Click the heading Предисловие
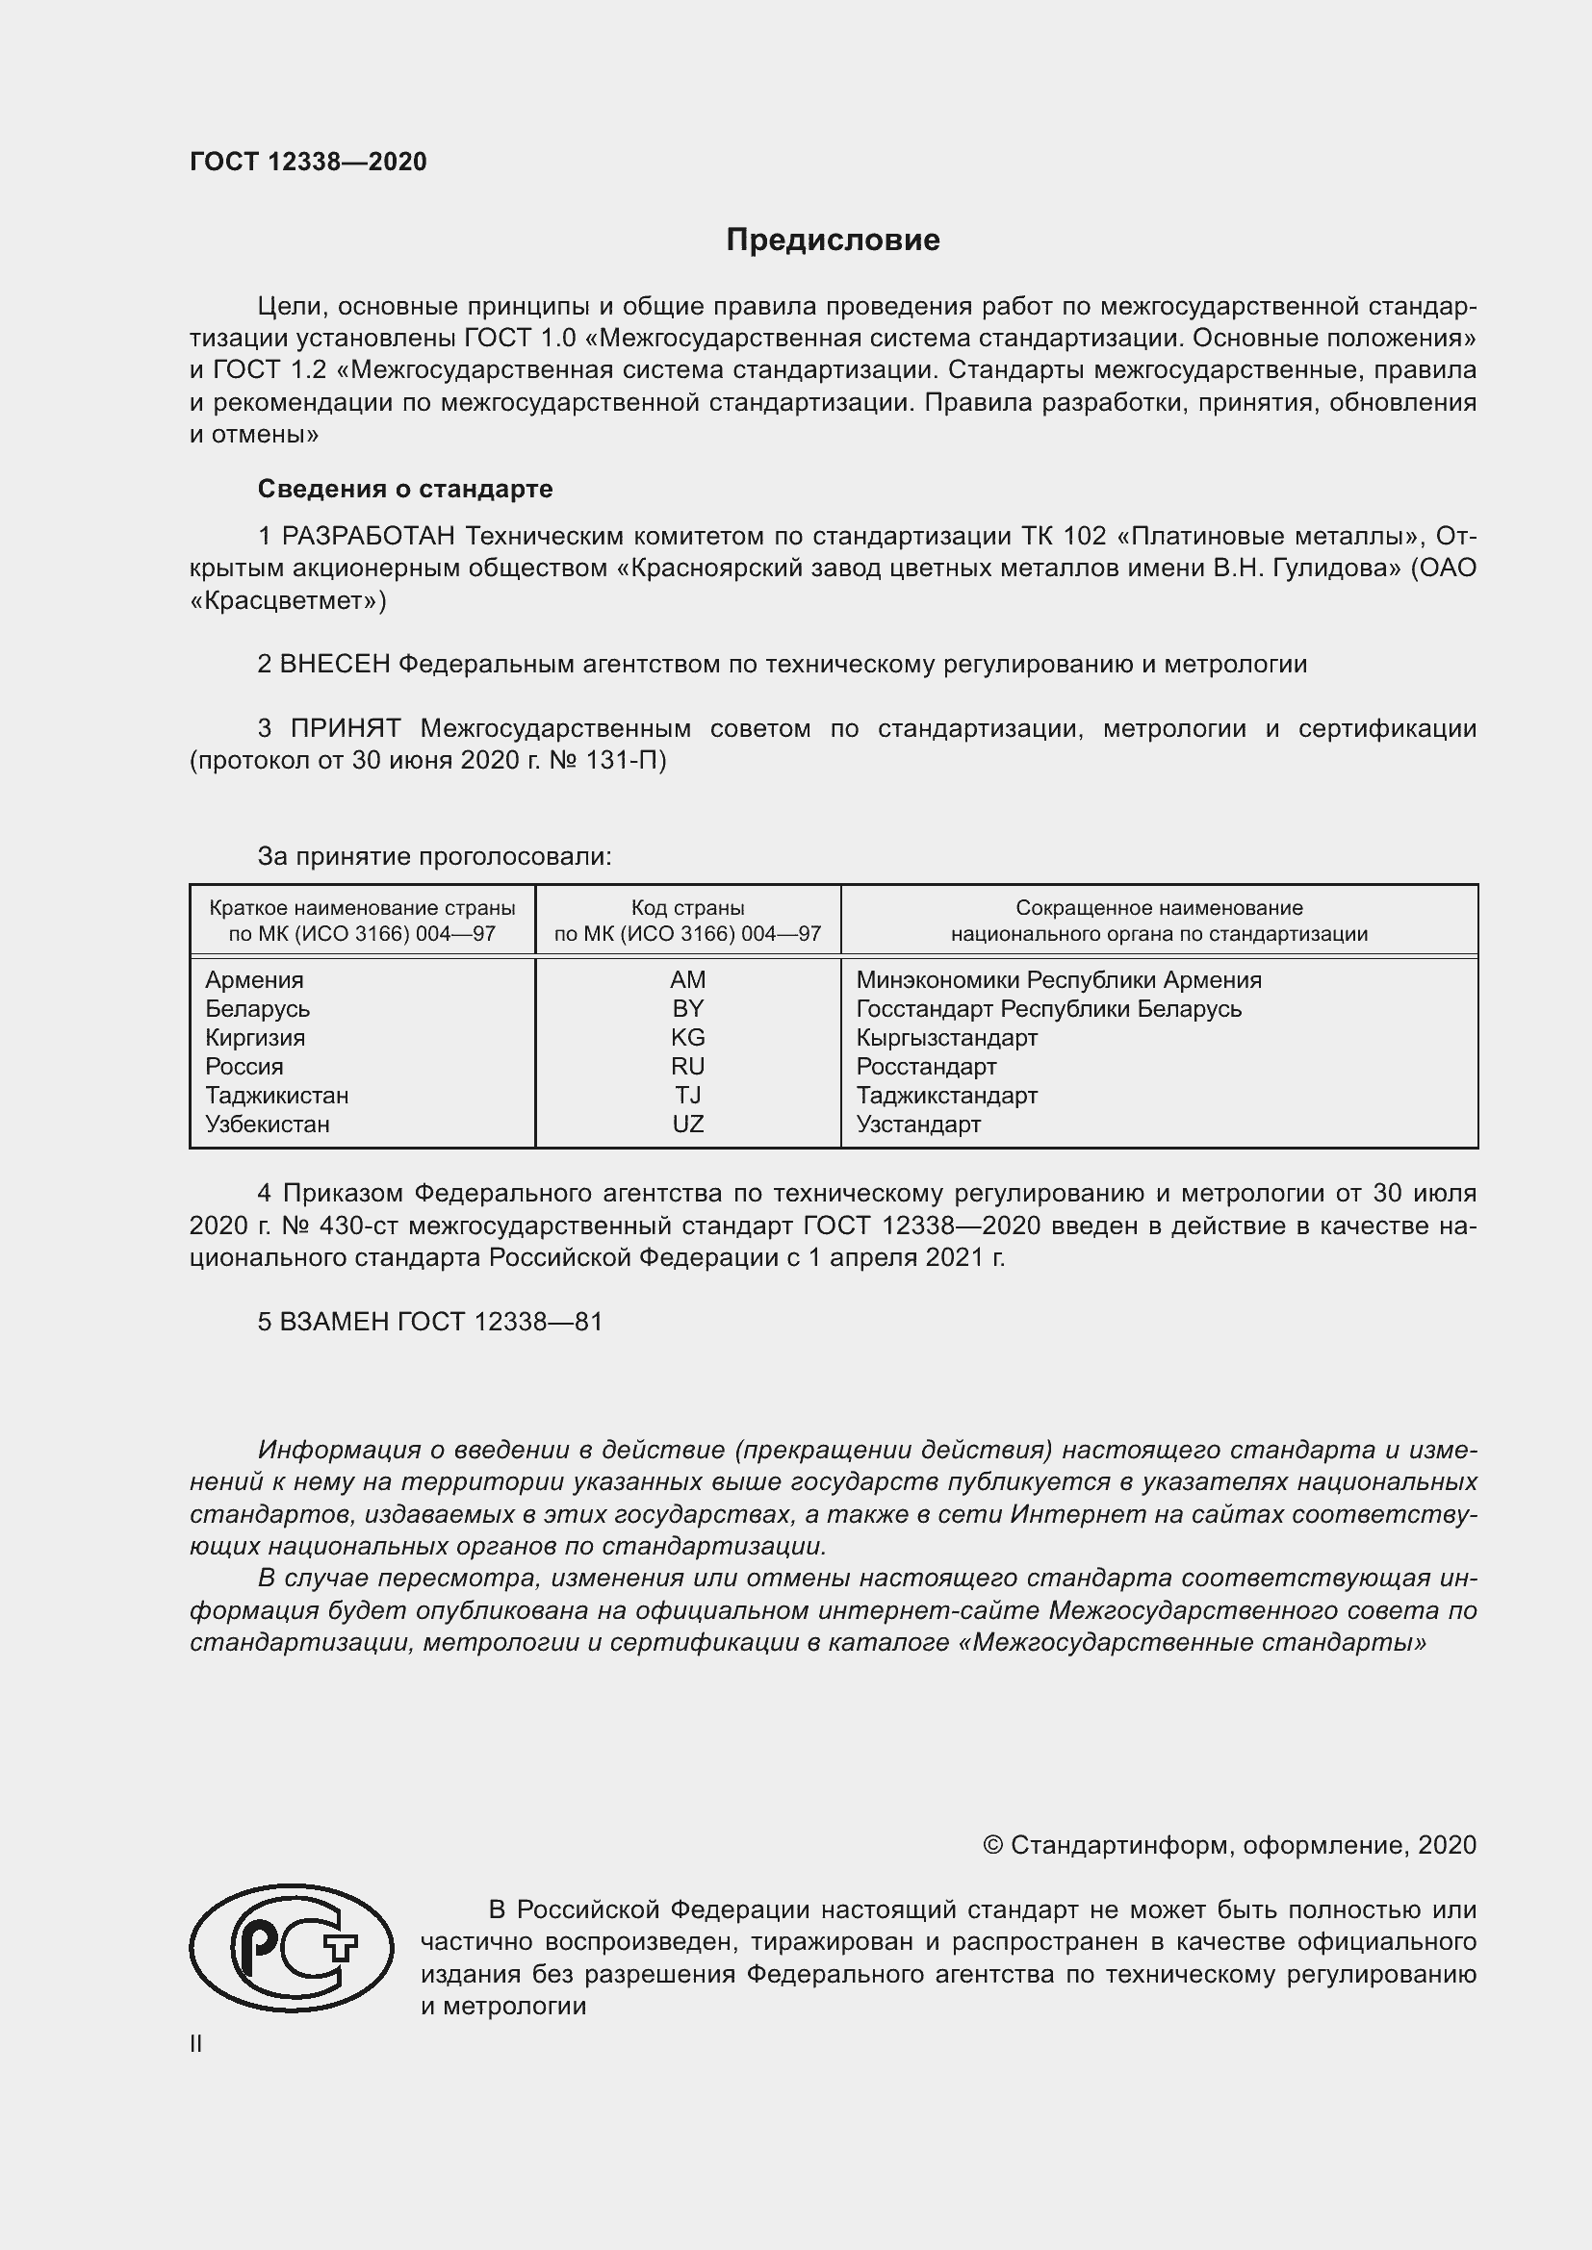click(833, 240)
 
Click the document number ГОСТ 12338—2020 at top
click(308, 163)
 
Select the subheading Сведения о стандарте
click(405, 488)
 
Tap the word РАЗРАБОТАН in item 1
click(369, 536)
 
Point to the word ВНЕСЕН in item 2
click(334, 665)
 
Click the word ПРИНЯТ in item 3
click(346, 728)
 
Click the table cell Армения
click(254, 980)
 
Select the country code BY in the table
click(687, 1008)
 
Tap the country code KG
click(687, 1038)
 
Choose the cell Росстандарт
click(925, 1066)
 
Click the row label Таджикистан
click(276, 1096)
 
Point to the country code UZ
click(687, 1124)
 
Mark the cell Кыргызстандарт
click(946, 1038)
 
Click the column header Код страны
click(687, 908)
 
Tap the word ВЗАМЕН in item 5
click(333, 1322)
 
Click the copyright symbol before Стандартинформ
click(992, 1846)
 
